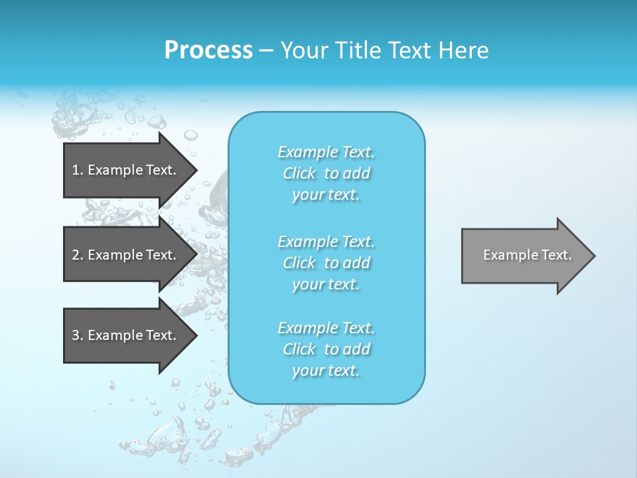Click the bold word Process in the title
point(208,50)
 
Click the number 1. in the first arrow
point(78,170)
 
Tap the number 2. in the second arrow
point(78,255)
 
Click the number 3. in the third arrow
point(78,335)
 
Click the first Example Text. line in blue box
point(326,152)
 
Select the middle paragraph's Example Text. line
point(326,242)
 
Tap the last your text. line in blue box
point(326,370)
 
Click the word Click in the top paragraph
point(299,173)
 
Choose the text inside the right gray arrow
point(528,255)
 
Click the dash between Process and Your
point(266,50)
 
